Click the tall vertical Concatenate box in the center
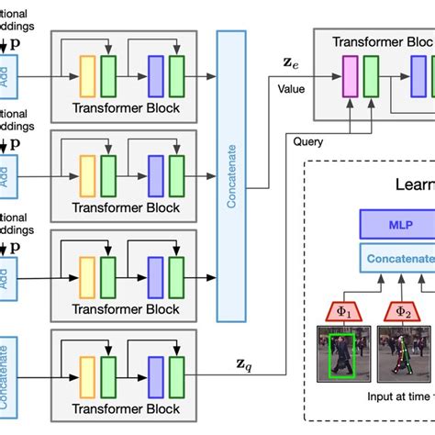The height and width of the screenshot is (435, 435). click(231, 175)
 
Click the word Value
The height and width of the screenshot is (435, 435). click(292, 88)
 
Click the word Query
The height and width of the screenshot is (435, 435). click(309, 142)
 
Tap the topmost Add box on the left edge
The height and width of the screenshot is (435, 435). click(6, 74)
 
